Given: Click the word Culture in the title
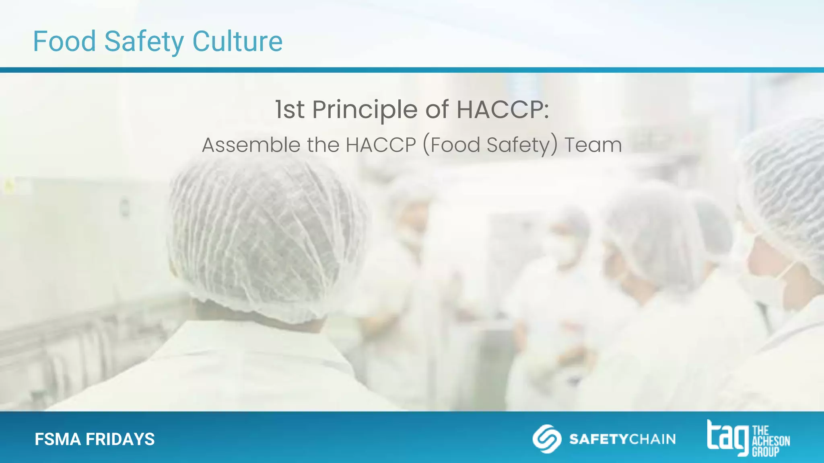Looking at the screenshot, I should point(237,41).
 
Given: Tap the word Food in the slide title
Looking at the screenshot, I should point(64,41).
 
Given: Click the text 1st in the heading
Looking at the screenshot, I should point(290,109).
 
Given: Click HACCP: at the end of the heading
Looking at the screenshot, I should point(503,109).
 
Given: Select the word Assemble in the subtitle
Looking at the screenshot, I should point(251,145).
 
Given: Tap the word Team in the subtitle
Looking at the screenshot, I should point(593,145).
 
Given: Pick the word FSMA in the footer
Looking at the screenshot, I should point(58,439).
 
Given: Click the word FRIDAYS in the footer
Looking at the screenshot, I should point(120,439).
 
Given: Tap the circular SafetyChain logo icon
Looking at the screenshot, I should point(547,438).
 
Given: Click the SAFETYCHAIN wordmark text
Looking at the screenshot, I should point(622,439).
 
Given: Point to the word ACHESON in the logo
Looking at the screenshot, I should point(771,441).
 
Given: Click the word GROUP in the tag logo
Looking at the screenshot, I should point(766,452).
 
